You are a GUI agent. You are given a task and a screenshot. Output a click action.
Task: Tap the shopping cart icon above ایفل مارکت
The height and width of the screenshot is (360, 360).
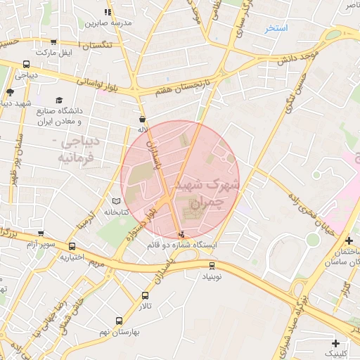click(x=55, y=42)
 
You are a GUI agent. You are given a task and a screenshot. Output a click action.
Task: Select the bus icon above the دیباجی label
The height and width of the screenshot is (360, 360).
click(x=26, y=63)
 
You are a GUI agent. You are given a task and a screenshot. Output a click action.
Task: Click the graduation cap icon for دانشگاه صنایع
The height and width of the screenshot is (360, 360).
click(x=60, y=100)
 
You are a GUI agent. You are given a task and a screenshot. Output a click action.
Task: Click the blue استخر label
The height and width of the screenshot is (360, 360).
click(x=276, y=28)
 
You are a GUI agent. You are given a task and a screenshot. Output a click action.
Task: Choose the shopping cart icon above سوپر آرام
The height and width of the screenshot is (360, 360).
click(x=73, y=246)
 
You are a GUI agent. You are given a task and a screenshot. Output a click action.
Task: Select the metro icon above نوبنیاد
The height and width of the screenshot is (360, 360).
click(x=212, y=265)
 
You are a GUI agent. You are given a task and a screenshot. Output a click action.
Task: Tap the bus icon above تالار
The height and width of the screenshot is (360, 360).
click(x=145, y=296)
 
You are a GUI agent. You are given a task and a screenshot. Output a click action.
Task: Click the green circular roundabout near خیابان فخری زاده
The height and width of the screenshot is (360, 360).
click(x=313, y=239)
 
